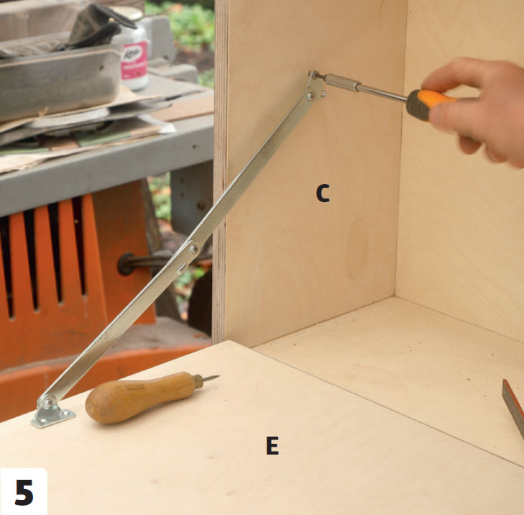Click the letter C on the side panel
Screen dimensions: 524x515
(x=323, y=193)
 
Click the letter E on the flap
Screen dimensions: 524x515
(x=272, y=445)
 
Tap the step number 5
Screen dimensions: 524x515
(x=24, y=492)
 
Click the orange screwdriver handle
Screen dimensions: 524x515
(x=431, y=104)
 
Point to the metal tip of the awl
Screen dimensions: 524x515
(x=211, y=378)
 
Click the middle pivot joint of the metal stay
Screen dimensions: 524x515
(x=193, y=249)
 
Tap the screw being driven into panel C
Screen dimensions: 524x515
(x=314, y=74)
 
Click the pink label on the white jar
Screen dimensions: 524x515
(x=134, y=61)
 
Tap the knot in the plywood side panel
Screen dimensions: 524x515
(x=357, y=248)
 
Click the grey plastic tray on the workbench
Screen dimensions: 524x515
(x=60, y=83)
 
